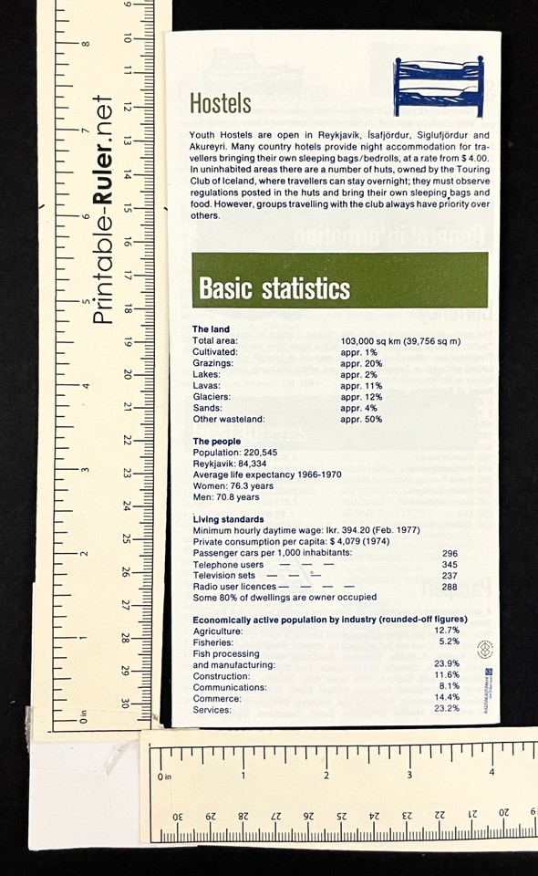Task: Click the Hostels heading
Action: (x=220, y=103)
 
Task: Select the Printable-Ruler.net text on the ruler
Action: (x=103, y=209)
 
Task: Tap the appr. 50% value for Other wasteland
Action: (x=362, y=420)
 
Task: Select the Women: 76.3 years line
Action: (x=233, y=486)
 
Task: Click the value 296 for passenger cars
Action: (x=449, y=553)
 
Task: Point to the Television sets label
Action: (x=224, y=576)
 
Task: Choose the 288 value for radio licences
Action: (x=449, y=587)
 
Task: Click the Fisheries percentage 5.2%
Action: (x=447, y=641)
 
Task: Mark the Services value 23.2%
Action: (x=447, y=709)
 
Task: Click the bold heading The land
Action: (x=212, y=328)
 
